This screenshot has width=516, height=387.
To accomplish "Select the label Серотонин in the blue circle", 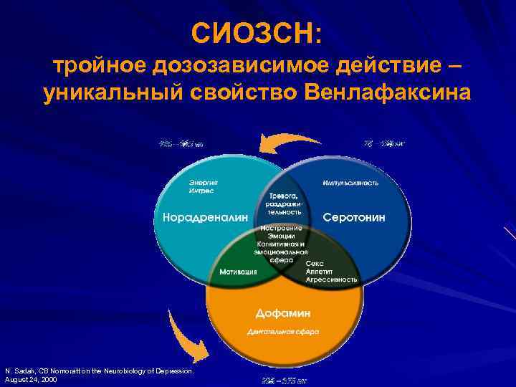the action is click(x=354, y=216).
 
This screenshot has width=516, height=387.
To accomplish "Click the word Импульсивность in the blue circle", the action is click(x=350, y=182).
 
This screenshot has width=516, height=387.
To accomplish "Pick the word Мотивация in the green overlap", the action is click(x=234, y=272).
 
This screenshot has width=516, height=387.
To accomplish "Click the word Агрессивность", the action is click(x=331, y=279).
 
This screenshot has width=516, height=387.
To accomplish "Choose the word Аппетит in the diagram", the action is click(x=320, y=272).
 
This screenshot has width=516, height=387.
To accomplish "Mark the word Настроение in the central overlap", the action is click(x=281, y=228).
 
